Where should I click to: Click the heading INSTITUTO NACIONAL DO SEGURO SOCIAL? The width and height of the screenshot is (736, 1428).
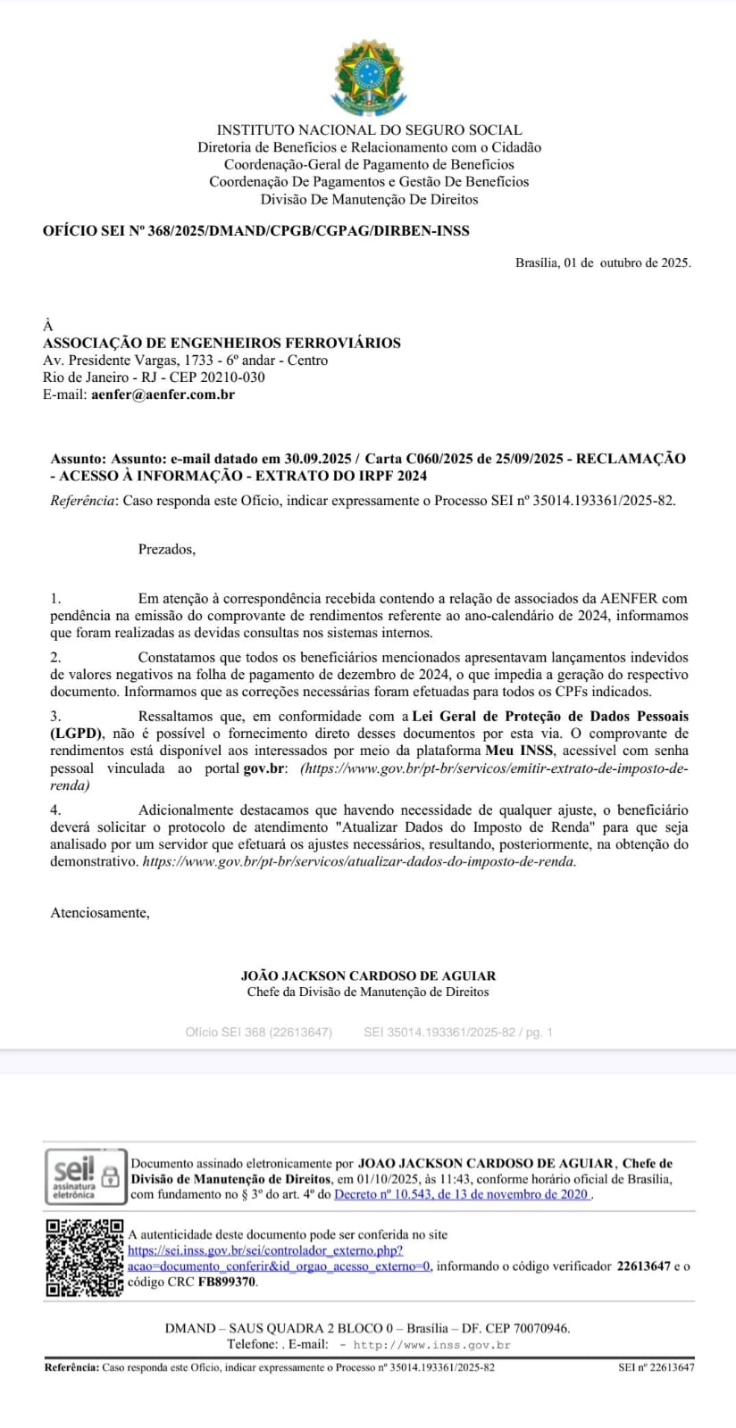coord(369,130)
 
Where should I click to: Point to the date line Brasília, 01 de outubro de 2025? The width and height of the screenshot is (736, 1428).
coord(603,262)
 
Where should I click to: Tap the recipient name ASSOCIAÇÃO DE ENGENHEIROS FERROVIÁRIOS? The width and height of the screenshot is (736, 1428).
coord(222,343)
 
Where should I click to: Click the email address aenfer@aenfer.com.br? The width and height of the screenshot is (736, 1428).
coord(163,394)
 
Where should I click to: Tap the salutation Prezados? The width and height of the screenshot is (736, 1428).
coord(166,550)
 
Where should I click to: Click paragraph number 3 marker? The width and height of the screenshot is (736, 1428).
coord(55,717)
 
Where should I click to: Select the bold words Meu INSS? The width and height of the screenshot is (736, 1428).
coord(519,751)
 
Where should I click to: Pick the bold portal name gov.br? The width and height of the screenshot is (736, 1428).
coord(264,768)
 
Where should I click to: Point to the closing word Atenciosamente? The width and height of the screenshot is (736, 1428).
coord(100,913)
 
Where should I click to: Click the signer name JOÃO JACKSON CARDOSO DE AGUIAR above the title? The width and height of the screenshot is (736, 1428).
coord(368,976)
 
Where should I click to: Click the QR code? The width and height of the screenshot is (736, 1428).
coord(84,1258)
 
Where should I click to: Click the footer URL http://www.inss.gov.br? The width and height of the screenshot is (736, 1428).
coord(432,1345)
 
